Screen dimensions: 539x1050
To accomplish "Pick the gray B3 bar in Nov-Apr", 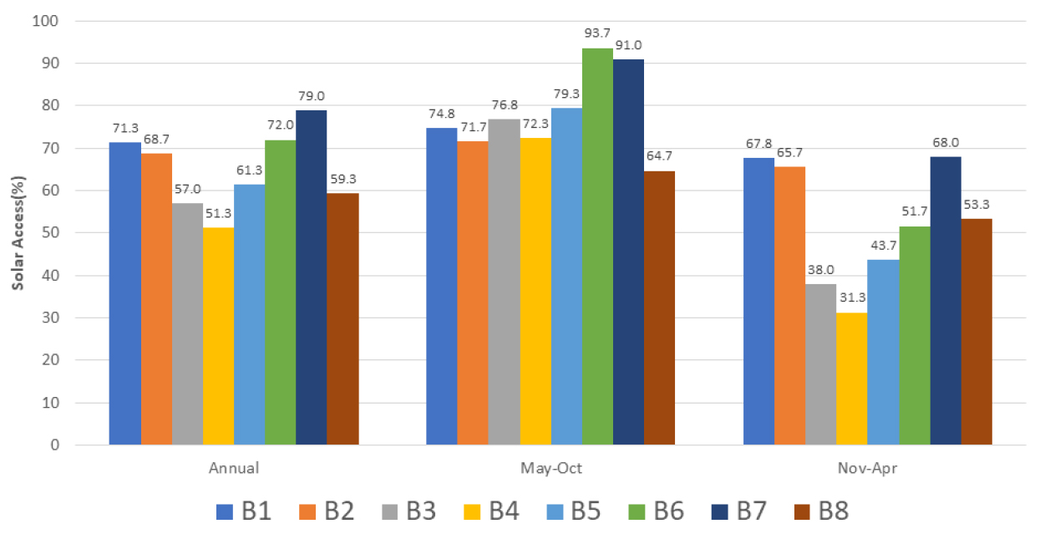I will pyautogui.click(x=820, y=364).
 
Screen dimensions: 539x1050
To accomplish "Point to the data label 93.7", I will pyautogui.click(x=597, y=33).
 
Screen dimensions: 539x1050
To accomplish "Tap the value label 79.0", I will pyautogui.click(x=312, y=96).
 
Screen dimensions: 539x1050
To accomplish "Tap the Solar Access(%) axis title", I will pyautogui.click(x=18, y=233).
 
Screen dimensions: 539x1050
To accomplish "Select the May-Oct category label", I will pyautogui.click(x=550, y=468).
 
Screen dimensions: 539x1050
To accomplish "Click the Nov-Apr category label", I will pyautogui.click(x=867, y=468).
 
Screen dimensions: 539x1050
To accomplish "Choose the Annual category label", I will pyautogui.click(x=233, y=468).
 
